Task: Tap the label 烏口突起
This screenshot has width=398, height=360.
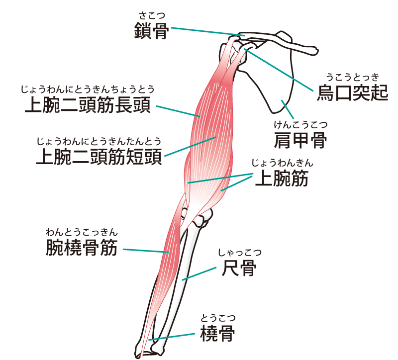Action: [x=352, y=92]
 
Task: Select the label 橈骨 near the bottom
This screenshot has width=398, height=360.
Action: [x=217, y=333]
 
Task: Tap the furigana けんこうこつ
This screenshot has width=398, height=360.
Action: [x=300, y=124]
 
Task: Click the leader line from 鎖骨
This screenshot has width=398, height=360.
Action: [x=204, y=32]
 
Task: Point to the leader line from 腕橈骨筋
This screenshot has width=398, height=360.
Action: [x=144, y=250]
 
